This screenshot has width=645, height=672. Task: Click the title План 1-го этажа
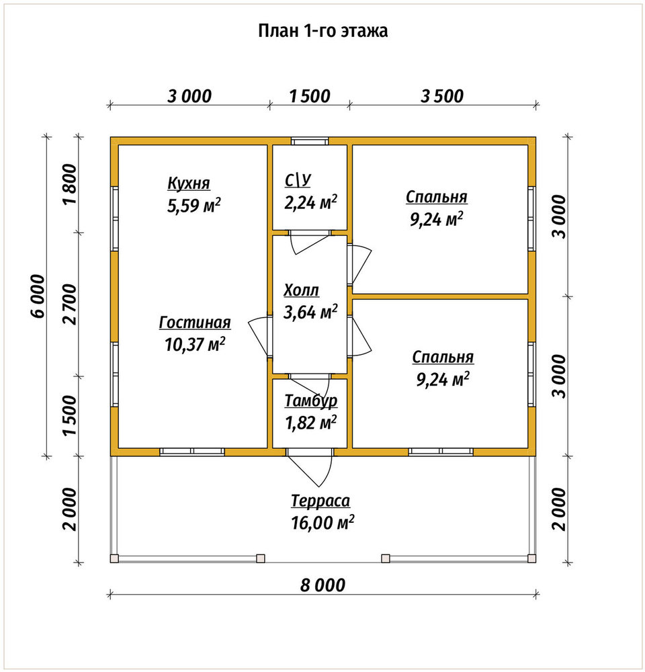click(322, 31)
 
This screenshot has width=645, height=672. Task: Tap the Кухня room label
click(189, 183)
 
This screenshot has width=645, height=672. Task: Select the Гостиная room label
click(195, 323)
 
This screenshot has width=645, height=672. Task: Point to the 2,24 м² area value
click(310, 202)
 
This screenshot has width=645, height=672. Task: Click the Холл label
click(301, 290)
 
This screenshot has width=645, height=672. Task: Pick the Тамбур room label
click(311, 401)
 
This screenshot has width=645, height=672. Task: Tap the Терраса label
click(320, 501)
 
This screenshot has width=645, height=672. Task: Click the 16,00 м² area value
click(322, 523)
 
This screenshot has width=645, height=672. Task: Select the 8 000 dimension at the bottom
click(322, 585)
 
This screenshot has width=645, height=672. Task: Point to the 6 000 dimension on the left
click(38, 296)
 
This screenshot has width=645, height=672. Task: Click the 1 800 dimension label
click(70, 184)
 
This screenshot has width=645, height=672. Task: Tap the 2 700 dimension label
click(70, 304)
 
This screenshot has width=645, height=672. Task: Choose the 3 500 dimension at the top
click(442, 96)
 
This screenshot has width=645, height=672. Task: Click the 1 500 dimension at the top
click(310, 96)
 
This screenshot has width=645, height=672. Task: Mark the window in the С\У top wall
click(310, 141)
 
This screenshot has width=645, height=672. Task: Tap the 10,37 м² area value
click(196, 344)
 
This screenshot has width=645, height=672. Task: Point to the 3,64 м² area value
click(310, 312)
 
